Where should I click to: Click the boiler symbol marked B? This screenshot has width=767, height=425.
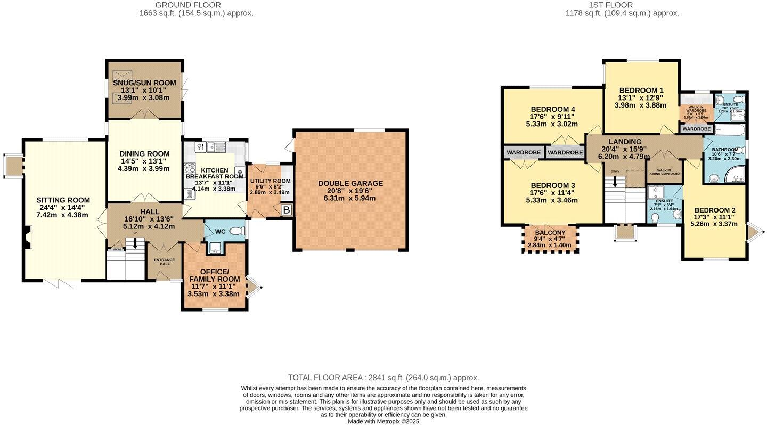point(286,210)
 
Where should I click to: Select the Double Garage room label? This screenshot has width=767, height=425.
point(350,183)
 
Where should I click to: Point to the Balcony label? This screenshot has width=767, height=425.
point(550,233)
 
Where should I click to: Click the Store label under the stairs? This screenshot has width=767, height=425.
point(117,249)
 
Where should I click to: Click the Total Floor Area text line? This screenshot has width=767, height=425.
point(383,378)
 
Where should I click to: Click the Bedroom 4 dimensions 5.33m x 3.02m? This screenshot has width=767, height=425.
point(552,124)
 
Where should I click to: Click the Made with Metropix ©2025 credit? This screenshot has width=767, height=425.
point(383,421)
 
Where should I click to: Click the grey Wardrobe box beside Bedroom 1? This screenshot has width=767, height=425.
point(696,129)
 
